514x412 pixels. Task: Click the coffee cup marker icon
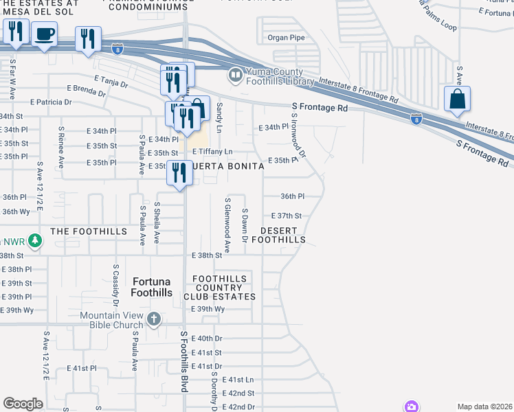coord(45,34)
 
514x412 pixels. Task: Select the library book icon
coord(236,74)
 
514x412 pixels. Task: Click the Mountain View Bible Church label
coord(111,320)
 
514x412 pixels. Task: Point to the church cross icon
coord(153,319)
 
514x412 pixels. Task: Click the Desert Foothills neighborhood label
coord(278,235)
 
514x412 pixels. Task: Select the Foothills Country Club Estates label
coord(219,287)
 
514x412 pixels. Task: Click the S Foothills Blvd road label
coord(184,362)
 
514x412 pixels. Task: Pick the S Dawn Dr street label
coord(245,226)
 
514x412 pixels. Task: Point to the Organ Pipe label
coord(286,38)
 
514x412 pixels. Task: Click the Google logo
coord(23,403)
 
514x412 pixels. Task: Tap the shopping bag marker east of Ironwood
coord(457,100)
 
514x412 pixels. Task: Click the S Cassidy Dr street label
coord(115,285)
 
